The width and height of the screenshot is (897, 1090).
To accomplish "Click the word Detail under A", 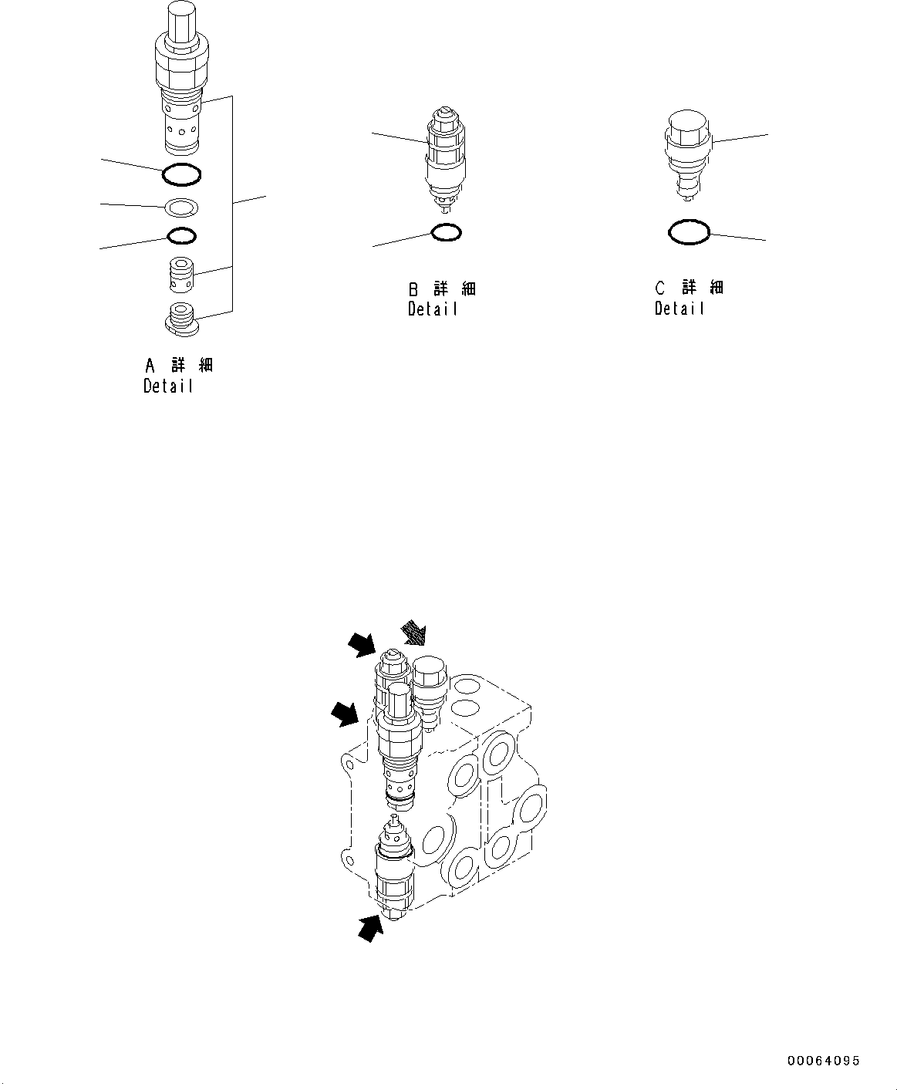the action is click(x=168, y=386).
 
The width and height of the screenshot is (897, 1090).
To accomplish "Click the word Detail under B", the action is click(x=433, y=309).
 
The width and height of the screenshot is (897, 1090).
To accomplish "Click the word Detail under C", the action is click(x=679, y=309).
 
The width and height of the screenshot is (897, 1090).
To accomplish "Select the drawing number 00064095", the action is click(x=823, y=1061).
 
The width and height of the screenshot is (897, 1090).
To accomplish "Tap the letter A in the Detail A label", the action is click(x=150, y=365).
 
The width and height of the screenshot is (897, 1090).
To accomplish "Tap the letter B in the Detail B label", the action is click(x=413, y=289).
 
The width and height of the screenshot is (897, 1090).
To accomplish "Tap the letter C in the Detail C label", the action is click(x=659, y=289).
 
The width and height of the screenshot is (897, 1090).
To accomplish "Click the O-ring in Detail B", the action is click(x=447, y=231).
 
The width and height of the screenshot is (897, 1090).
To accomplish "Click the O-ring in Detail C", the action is click(x=688, y=231).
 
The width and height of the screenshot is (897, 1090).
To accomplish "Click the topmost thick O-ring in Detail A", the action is click(x=182, y=175).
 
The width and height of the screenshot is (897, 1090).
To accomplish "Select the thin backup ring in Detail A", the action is click(x=182, y=207).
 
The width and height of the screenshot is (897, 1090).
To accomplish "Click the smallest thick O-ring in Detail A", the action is click(x=181, y=235).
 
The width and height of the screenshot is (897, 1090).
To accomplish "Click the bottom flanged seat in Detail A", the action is click(x=182, y=318).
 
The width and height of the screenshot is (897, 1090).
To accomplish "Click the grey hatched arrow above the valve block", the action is click(x=414, y=633).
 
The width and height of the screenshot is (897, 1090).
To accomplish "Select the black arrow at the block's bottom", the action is click(x=371, y=928).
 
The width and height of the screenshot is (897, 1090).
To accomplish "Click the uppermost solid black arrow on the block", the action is click(x=361, y=643).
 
